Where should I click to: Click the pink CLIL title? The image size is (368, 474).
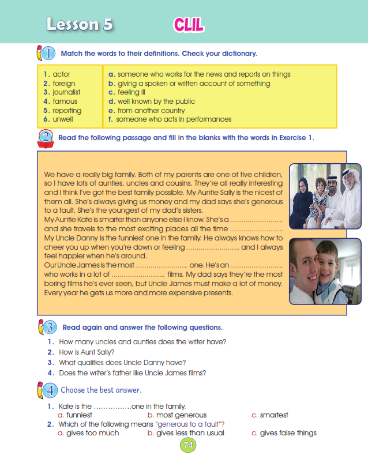click(188, 25)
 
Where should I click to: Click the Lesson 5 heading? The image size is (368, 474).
click(80, 25)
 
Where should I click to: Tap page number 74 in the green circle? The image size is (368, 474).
click(188, 445)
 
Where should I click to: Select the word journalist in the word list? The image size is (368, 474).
click(66, 92)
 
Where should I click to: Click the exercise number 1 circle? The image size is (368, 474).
click(48, 54)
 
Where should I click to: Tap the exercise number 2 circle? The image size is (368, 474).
click(47, 138)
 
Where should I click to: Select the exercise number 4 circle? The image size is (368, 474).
click(50, 390)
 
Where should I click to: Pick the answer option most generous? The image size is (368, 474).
click(177, 415)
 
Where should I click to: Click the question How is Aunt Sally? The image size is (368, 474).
click(87, 352)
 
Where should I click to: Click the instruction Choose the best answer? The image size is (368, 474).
click(101, 390)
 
